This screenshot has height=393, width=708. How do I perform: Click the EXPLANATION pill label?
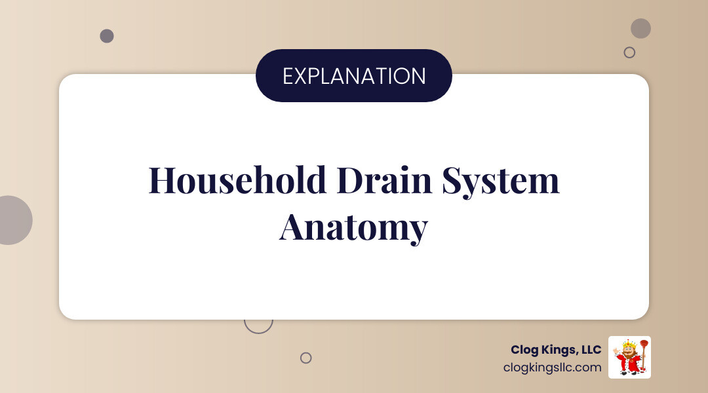354,76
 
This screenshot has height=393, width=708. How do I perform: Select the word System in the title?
500,181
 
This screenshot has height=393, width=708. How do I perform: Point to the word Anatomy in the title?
353,227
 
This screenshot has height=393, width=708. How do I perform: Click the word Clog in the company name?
525,350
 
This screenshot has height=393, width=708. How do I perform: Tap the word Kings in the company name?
559,350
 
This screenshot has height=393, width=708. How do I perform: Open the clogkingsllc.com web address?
552,367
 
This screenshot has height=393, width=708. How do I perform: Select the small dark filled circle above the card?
107,36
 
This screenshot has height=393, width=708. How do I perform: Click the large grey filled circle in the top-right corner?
640,28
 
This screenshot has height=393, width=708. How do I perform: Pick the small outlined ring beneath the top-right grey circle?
629,52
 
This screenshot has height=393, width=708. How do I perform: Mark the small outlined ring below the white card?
305,358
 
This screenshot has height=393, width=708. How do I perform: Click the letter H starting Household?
161,180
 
